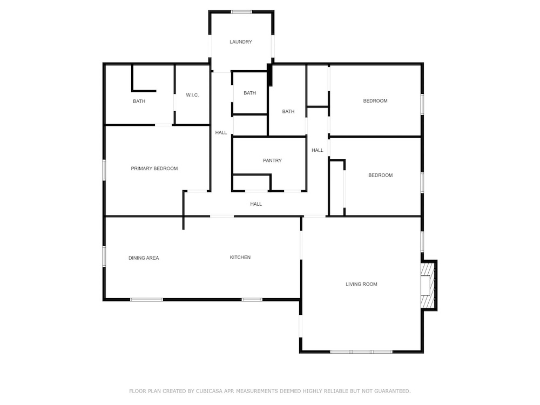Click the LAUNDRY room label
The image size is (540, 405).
241,42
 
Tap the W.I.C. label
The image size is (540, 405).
192,95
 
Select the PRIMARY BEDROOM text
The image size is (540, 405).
154,168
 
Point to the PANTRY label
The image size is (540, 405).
272,160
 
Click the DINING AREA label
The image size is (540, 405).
144,258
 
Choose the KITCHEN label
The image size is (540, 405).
240,257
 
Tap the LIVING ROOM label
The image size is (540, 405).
361,284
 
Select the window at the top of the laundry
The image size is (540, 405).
241,12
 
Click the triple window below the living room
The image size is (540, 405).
361,352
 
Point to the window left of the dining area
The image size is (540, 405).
104,256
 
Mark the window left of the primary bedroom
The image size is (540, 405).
104,170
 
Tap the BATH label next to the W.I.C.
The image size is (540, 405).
139,102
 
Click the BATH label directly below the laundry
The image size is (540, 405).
249,93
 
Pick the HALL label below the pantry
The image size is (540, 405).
256,204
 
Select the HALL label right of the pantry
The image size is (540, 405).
317,150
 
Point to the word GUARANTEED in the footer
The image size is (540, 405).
392,391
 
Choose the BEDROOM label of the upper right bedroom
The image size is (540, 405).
375,101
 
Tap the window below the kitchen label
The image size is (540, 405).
252,300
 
